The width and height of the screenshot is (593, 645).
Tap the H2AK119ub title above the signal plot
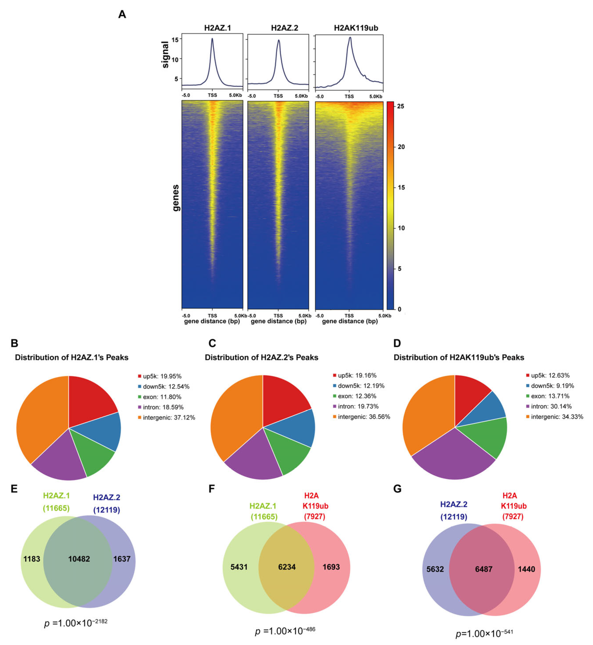point(356,28)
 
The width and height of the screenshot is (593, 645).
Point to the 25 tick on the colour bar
point(401,106)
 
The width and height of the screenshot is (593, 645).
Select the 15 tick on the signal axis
point(175,40)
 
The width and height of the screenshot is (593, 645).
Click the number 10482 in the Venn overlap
point(79,559)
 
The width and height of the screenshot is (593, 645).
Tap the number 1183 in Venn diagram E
point(32,559)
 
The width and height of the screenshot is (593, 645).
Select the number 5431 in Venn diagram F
point(239,567)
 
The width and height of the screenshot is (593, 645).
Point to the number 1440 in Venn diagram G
point(526,569)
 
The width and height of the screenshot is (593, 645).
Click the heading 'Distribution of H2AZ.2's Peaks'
point(261,357)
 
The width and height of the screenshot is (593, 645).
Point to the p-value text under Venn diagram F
point(285,631)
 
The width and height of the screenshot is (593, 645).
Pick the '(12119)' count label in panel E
point(106,510)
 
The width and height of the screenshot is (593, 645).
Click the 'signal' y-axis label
point(165,54)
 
